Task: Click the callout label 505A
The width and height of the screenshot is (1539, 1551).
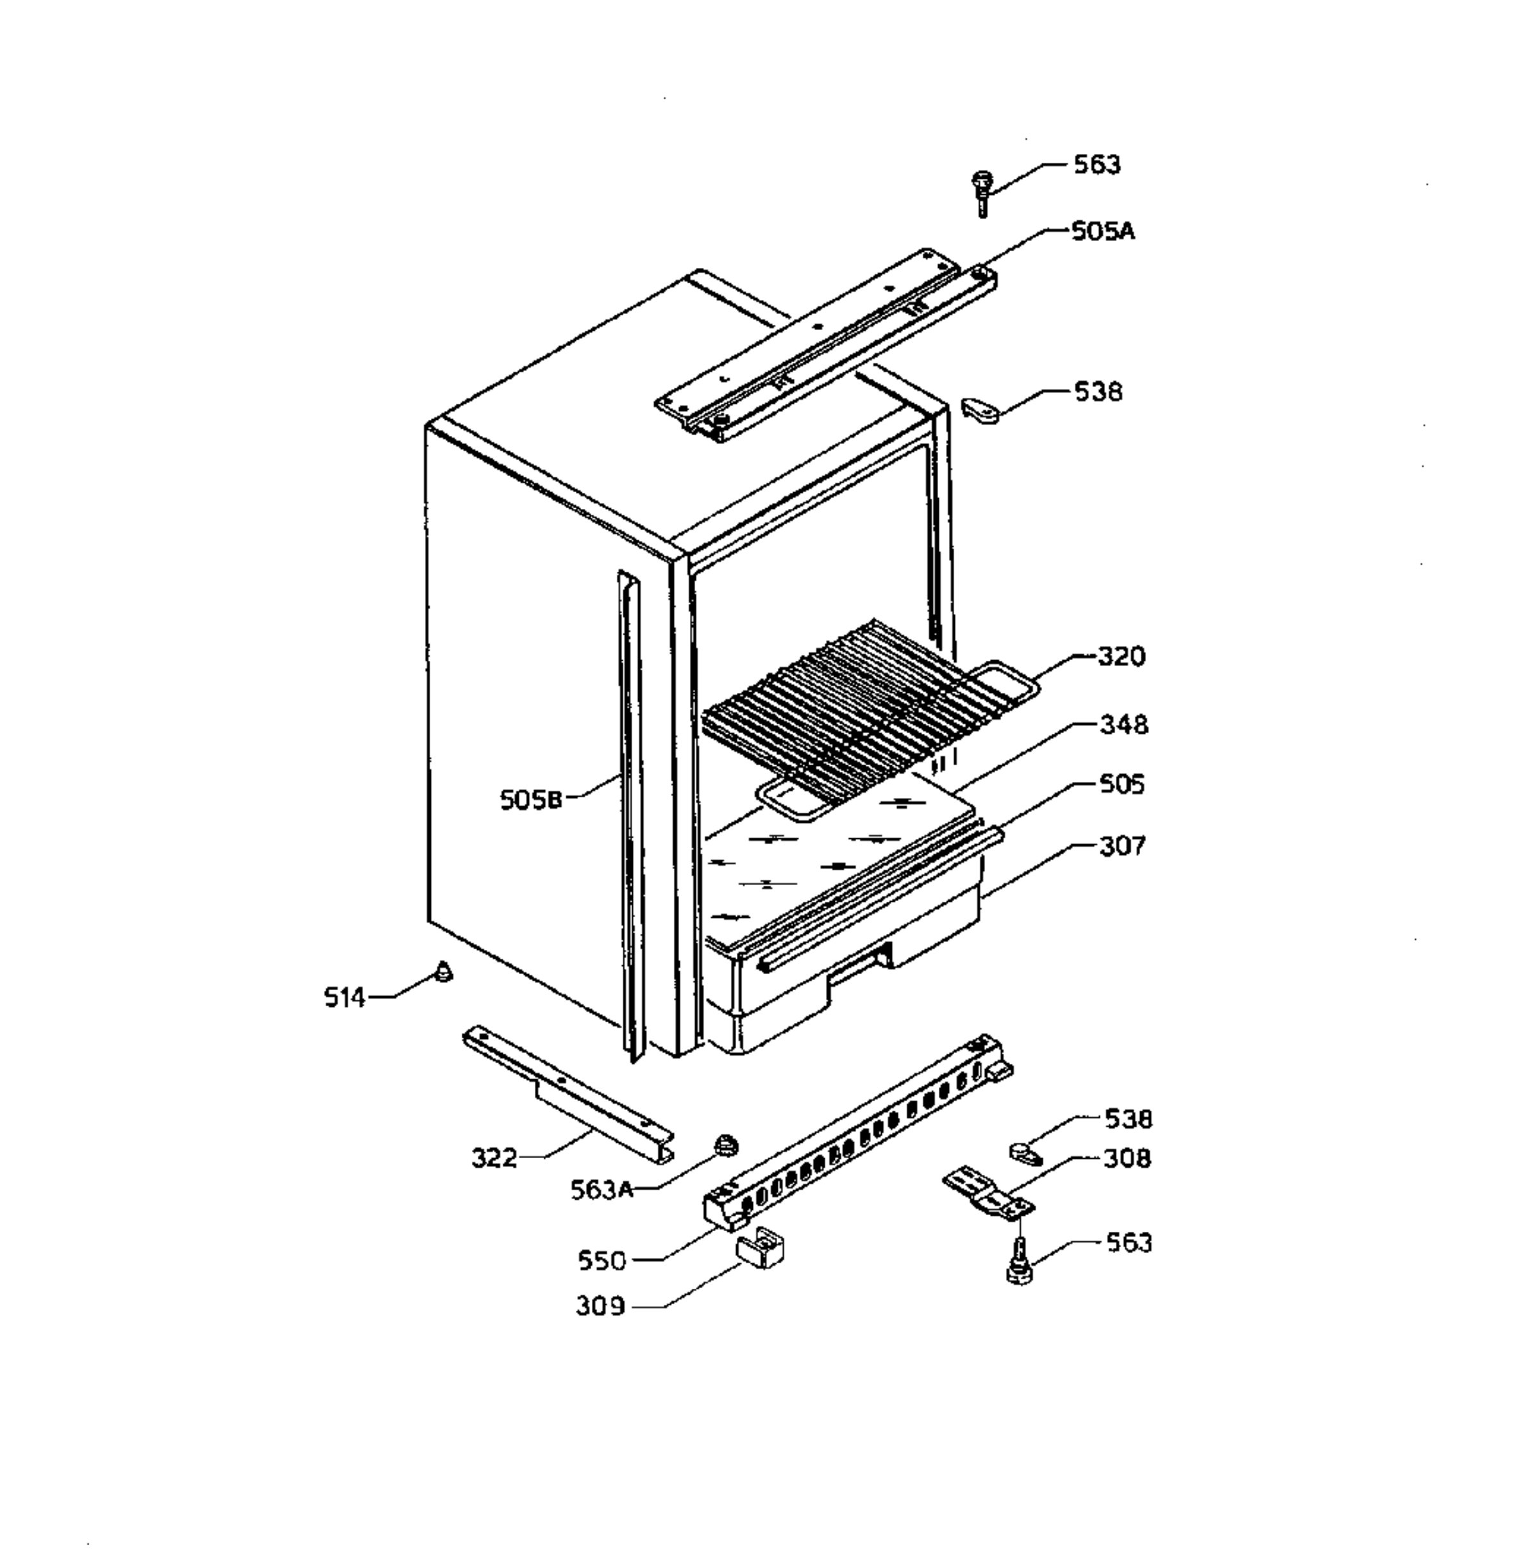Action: coord(1103,232)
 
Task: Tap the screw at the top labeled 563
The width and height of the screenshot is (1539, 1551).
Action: coord(980,193)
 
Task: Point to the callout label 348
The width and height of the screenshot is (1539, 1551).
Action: coord(1123,724)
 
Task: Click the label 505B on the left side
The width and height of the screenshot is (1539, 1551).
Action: coord(531,800)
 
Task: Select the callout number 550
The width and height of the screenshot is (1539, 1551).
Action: coord(601,1261)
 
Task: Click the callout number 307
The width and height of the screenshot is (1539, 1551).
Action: coord(1122,845)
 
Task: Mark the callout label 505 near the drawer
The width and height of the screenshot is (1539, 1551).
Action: coord(1122,784)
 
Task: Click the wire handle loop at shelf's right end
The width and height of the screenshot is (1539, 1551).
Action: coord(1004,681)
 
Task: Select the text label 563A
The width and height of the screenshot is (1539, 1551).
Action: coord(602,1190)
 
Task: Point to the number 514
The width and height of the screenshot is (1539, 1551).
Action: coord(344,998)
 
